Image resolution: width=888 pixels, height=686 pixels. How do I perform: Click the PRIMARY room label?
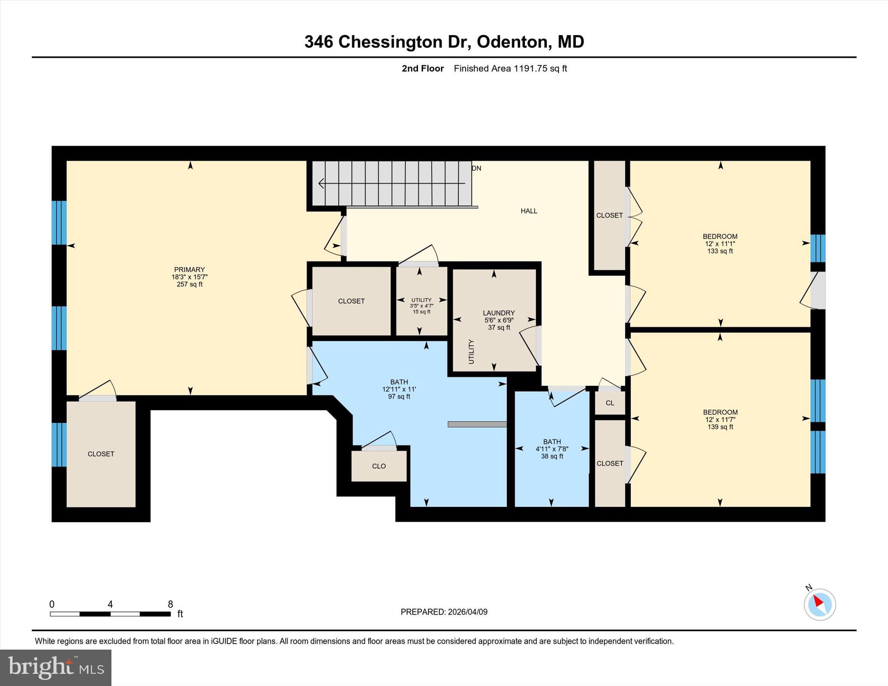pyautogui.click(x=189, y=270)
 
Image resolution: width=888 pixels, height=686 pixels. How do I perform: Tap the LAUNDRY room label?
pyautogui.click(x=499, y=313)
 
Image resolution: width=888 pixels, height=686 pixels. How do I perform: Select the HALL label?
pyautogui.click(x=529, y=211)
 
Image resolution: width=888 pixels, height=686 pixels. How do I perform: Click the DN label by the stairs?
pyautogui.click(x=477, y=168)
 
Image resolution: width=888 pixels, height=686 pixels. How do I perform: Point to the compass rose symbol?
pyautogui.click(x=819, y=604)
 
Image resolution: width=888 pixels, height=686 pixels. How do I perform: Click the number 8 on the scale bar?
pyautogui.click(x=170, y=604)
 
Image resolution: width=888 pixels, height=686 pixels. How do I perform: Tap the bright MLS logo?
pyautogui.click(x=55, y=667)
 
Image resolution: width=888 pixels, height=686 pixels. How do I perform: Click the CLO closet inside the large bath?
pyautogui.click(x=379, y=466)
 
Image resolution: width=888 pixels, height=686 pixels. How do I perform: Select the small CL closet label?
pyautogui.click(x=610, y=403)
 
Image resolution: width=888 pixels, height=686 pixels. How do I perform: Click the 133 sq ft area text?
pyautogui.click(x=720, y=251)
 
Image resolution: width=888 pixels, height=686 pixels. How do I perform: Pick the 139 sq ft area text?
pyautogui.click(x=720, y=427)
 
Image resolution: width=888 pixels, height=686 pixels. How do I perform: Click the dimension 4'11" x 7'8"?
pyautogui.click(x=552, y=449)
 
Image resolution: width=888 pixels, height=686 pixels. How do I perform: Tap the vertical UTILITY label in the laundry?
pyautogui.click(x=471, y=351)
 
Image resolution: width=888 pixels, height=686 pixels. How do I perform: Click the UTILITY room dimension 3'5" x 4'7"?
pyautogui.click(x=421, y=306)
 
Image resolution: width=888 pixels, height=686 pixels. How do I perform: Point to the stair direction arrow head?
pyautogui.click(x=321, y=183)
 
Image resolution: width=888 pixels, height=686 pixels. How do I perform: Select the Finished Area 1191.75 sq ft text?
pyautogui.click(x=510, y=68)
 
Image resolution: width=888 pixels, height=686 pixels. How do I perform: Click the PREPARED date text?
pyautogui.click(x=444, y=612)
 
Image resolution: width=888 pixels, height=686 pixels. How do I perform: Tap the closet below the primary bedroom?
pyautogui.click(x=101, y=454)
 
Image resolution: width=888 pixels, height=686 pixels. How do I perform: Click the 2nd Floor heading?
pyautogui.click(x=422, y=68)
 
